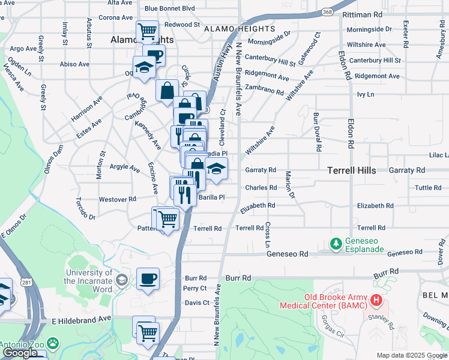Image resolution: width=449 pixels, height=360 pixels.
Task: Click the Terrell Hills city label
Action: tap(351, 170)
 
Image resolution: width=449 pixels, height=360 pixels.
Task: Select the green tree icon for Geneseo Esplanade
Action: tap(336, 243)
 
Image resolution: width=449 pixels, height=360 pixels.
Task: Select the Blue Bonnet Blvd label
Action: tap(169, 8)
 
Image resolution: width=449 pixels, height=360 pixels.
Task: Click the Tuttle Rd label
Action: tap(428, 188)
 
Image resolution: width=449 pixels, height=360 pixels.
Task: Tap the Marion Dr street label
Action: tap(289, 185)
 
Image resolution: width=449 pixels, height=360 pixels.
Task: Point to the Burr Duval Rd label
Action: tap(316, 131)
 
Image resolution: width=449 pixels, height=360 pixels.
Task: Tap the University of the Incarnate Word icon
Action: tap(122, 280)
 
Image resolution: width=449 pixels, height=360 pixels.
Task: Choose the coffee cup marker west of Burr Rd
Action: tap(148, 279)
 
